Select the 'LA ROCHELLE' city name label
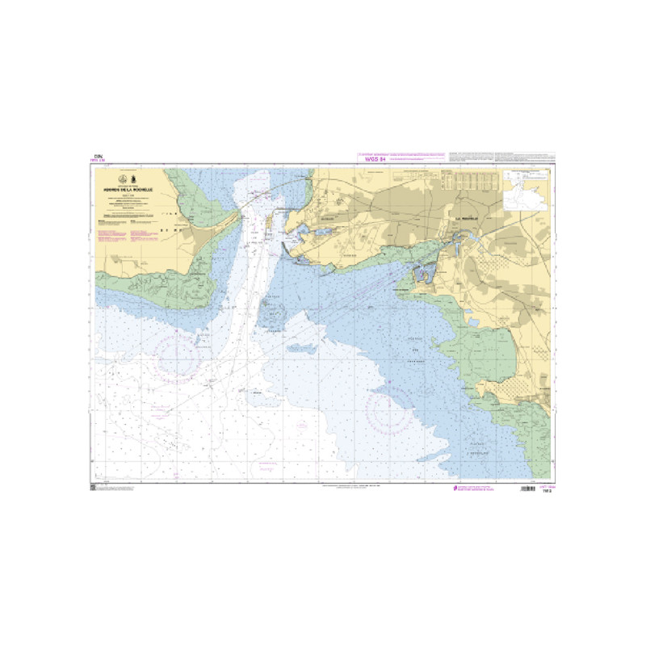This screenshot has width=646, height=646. pyautogui.click(x=467, y=217)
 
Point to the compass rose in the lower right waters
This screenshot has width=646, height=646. pyautogui.click(x=390, y=409)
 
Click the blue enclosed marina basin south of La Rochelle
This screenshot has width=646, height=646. pyautogui.click(x=422, y=275)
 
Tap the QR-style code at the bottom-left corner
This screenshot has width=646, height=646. pyautogui.click(x=94, y=488)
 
